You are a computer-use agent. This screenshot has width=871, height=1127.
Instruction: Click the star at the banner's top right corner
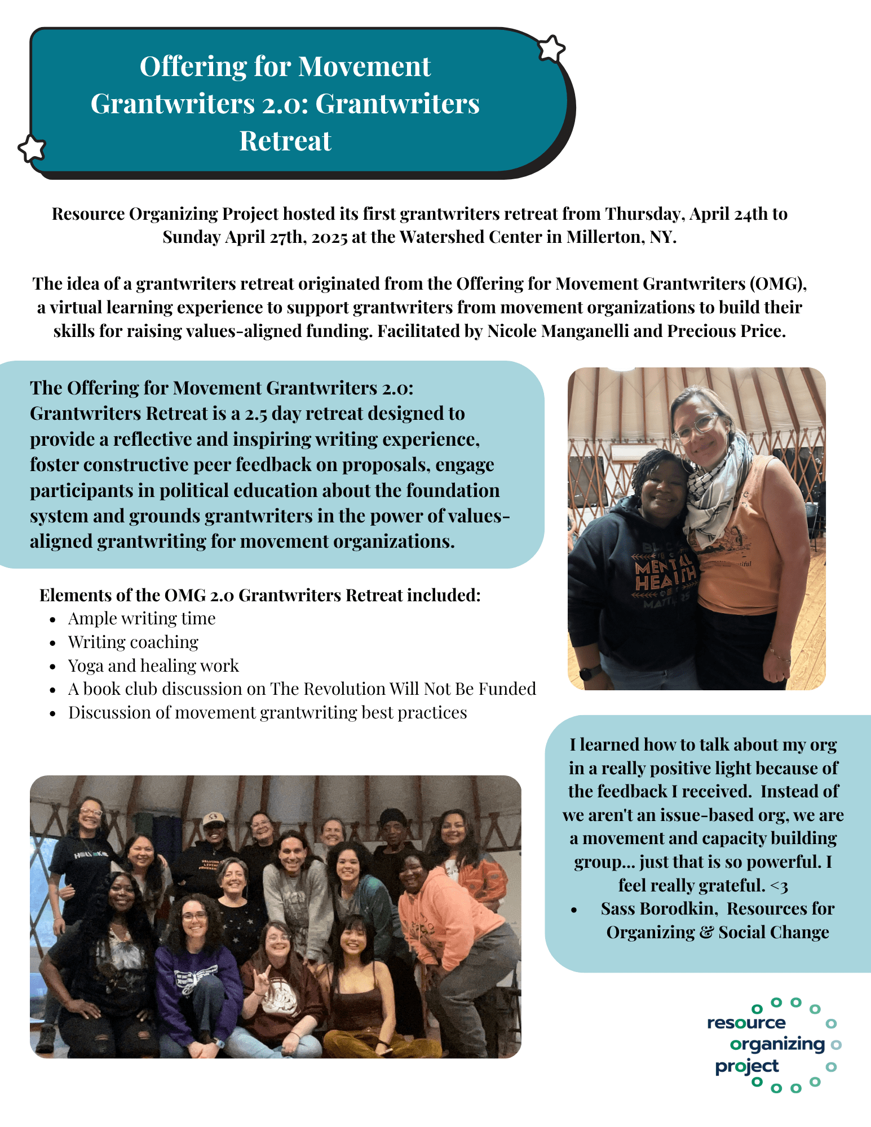coord(551,48)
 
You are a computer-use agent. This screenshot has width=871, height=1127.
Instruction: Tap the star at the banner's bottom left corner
coord(32,149)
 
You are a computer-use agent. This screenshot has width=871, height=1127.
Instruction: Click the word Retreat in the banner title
coord(285,141)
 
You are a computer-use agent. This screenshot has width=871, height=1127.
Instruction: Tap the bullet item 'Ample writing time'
coord(142,619)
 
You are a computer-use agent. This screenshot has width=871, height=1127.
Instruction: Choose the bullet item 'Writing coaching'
coord(133,642)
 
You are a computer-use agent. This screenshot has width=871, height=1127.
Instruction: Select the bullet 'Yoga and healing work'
coord(153,666)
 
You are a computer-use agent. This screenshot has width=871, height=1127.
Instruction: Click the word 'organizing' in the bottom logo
coord(777,1044)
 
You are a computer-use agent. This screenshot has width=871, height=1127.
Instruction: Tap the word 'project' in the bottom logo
coord(746,1067)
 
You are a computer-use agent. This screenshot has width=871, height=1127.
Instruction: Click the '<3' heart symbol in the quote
coord(779,886)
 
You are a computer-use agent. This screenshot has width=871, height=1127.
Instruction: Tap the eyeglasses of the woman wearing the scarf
coord(695,427)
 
